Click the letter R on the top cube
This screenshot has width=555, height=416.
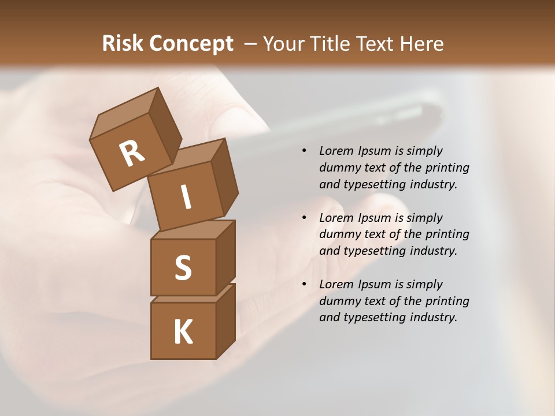tap(132, 154)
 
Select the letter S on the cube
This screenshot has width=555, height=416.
tap(183, 268)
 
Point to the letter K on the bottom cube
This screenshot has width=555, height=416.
tap(183, 332)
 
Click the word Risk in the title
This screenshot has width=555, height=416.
tap(122, 43)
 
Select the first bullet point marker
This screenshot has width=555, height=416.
tap(304, 151)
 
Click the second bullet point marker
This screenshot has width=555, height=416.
tap(304, 218)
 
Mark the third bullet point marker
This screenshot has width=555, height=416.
tap(304, 284)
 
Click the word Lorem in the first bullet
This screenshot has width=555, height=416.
tap(335, 151)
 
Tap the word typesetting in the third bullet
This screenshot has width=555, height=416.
tap(376, 317)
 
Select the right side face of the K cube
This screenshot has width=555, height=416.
tap(225, 321)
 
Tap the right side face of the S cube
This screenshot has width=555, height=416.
tap(225, 257)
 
